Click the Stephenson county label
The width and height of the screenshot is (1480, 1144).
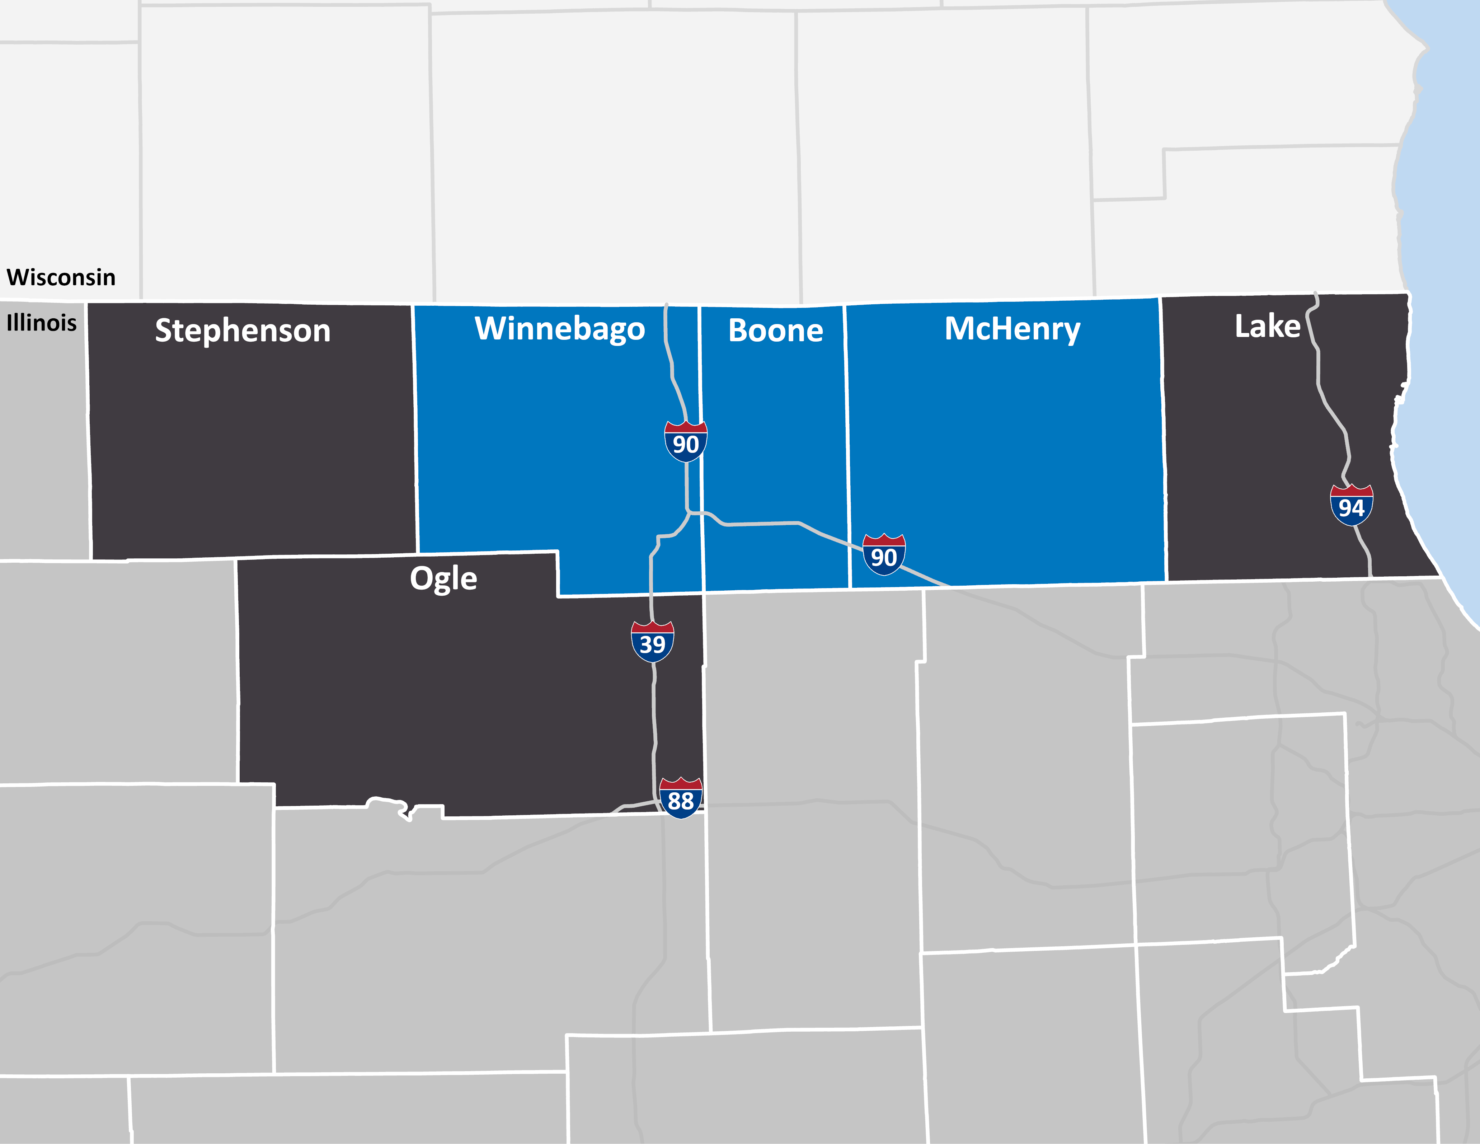(243, 331)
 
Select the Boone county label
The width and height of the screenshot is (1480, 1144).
(775, 331)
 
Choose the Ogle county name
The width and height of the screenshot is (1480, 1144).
(443, 579)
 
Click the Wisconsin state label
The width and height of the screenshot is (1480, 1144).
(61, 277)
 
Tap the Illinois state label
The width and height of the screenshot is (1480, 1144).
(41, 323)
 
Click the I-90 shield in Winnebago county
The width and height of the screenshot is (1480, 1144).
(686, 442)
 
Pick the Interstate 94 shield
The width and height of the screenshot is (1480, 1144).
(1351, 506)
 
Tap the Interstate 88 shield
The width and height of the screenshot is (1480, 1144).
(680, 798)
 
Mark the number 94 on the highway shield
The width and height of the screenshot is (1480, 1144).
(1351, 508)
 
